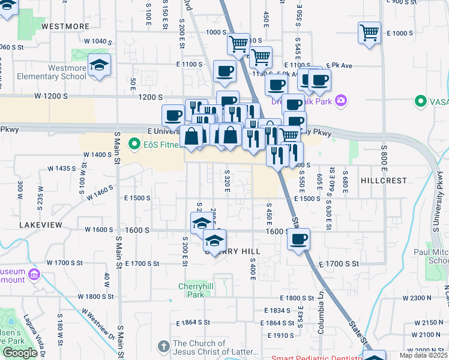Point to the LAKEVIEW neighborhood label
point(40,224)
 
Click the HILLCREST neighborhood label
point(384,180)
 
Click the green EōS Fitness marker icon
point(134,143)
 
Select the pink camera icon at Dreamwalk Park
point(341,101)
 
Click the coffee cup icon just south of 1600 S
point(298,240)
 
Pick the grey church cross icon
point(164,347)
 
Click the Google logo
point(20,352)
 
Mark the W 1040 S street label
point(98,41)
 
